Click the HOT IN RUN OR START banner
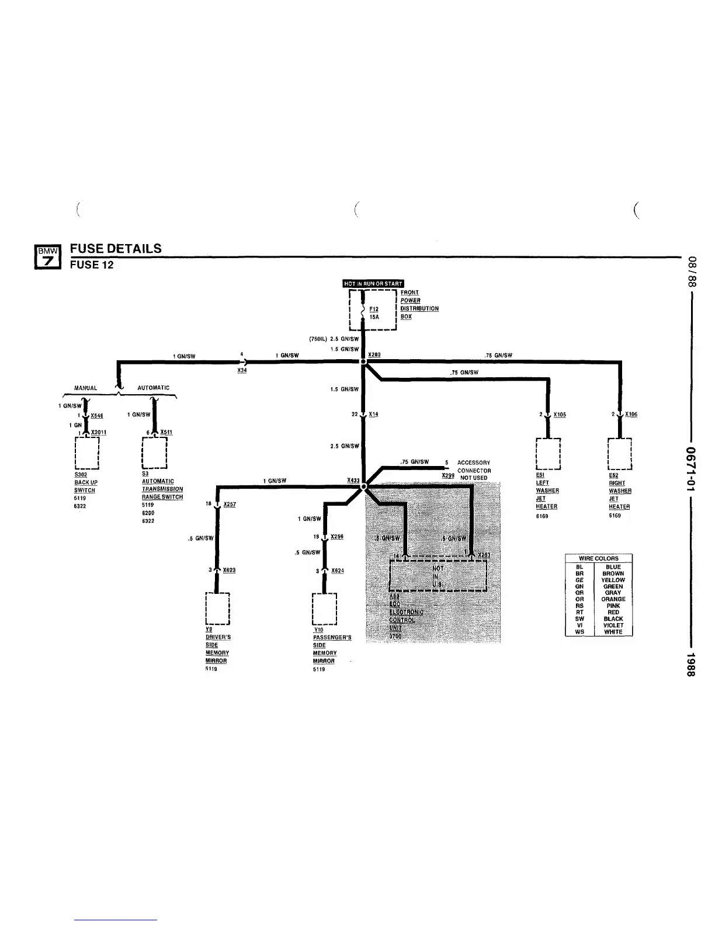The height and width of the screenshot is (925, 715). click(x=373, y=284)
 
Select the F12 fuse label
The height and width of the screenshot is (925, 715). click(x=374, y=309)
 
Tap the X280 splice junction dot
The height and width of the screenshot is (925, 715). click(x=363, y=362)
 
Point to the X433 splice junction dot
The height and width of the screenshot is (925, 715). click(x=363, y=486)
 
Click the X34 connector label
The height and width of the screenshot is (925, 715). click(x=242, y=371)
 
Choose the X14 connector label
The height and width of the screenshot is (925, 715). click(x=373, y=414)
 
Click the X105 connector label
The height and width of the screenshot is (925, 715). click(x=560, y=415)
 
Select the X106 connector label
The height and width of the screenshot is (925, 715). click(x=631, y=414)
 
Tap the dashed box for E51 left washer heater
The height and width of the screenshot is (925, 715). click(x=548, y=453)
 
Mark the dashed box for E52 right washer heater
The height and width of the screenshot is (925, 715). click(x=620, y=453)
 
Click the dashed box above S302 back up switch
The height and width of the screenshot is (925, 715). click(x=86, y=453)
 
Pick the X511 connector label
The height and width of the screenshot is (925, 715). click(x=166, y=432)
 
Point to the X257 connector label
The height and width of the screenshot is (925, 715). click(x=230, y=504)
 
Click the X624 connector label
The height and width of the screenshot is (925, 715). click(x=337, y=571)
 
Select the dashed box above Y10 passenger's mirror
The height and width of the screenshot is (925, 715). click(x=324, y=608)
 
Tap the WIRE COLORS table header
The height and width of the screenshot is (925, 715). click(x=598, y=558)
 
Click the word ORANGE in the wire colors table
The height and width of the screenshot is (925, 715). click(x=613, y=599)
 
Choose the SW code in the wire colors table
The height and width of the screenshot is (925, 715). click(x=579, y=618)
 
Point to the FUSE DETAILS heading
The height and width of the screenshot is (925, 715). click(x=116, y=248)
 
